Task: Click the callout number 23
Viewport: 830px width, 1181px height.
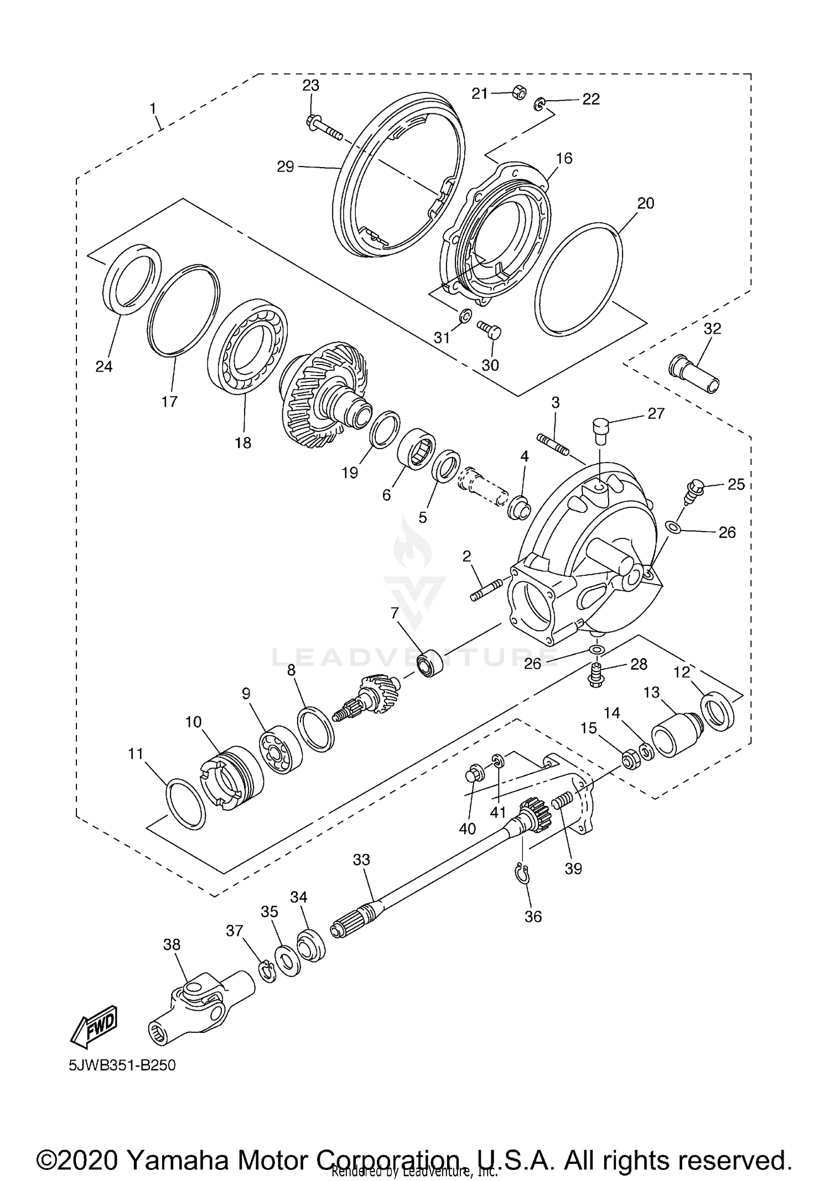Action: tap(310, 85)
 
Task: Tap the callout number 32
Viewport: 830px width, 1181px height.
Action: tap(712, 328)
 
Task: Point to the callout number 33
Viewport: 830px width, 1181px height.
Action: tap(361, 860)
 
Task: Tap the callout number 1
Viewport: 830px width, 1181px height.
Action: tap(153, 108)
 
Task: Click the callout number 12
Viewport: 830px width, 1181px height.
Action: tap(682, 673)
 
